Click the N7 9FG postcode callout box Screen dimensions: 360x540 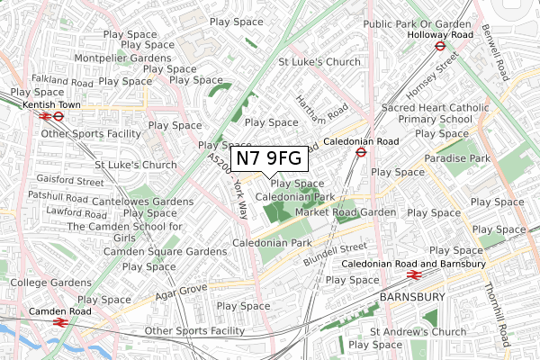tap(270, 159)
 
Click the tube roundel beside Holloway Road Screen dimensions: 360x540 tap(440, 45)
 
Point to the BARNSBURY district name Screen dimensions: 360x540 tap(413, 296)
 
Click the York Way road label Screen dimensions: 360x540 tap(240, 199)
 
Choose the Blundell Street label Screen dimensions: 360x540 tap(334, 252)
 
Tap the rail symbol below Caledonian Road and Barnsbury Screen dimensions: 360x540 tap(414, 275)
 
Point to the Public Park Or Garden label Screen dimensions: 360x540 tap(418, 24)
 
